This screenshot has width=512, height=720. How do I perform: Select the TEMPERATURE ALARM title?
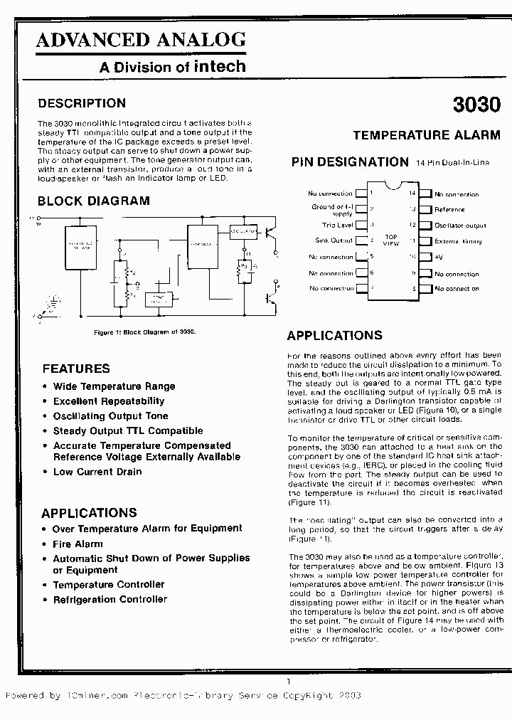[x=427, y=135]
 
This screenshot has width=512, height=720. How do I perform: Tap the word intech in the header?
[x=220, y=67]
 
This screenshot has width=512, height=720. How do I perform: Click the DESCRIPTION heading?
[x=82, y=104]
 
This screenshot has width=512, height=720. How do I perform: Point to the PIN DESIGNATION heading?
[x=350, y=162]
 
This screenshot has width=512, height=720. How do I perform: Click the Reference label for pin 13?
[x=449, y=210]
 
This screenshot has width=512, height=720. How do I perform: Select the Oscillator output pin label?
[x=460, y=226]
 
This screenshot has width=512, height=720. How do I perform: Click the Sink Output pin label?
[x=334, y=241]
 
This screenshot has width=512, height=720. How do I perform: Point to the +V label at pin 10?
[x=439, y=257]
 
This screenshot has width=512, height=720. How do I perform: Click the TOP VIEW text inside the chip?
[x=391, y=240]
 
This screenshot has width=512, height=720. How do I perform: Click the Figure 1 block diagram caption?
[x=145, y=332]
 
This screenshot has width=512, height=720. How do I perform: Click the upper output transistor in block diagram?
[x=271, y=233]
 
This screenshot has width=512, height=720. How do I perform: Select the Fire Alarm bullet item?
[x=78, y=544]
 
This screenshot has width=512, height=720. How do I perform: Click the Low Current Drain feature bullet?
[x=97, y=472]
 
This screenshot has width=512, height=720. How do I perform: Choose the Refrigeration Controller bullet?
[x=110, y=600]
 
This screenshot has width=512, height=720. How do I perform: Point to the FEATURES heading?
[x=76, y=369]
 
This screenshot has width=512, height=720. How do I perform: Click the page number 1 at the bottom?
[x=289, y=682]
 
